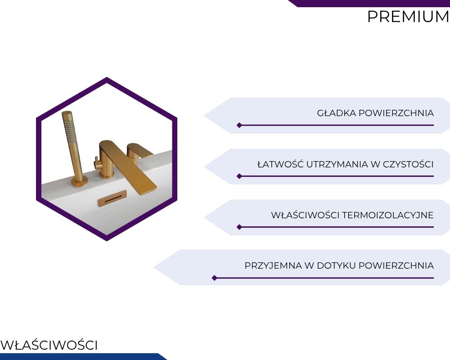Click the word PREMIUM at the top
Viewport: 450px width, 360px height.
[x=409, y=17]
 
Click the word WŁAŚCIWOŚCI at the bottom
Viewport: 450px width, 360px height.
[x=49, y=345]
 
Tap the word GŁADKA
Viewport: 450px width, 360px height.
[x=337, y=113]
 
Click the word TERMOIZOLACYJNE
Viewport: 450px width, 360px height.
[x=388, y=215]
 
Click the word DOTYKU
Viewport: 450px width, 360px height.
[x=336, y=265]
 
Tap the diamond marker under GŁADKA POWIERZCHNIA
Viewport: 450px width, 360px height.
[x=239, y=125]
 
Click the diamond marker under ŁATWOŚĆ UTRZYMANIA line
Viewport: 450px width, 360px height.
[x=239, y=176]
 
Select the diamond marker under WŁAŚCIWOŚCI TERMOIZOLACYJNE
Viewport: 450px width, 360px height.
[x=239, y=227]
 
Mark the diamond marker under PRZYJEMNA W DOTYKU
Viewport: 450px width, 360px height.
[x=214, y=278]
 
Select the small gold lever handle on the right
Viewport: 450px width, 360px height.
[x=140, y=150]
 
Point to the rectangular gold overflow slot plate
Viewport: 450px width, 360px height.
[x=112, y=198]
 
